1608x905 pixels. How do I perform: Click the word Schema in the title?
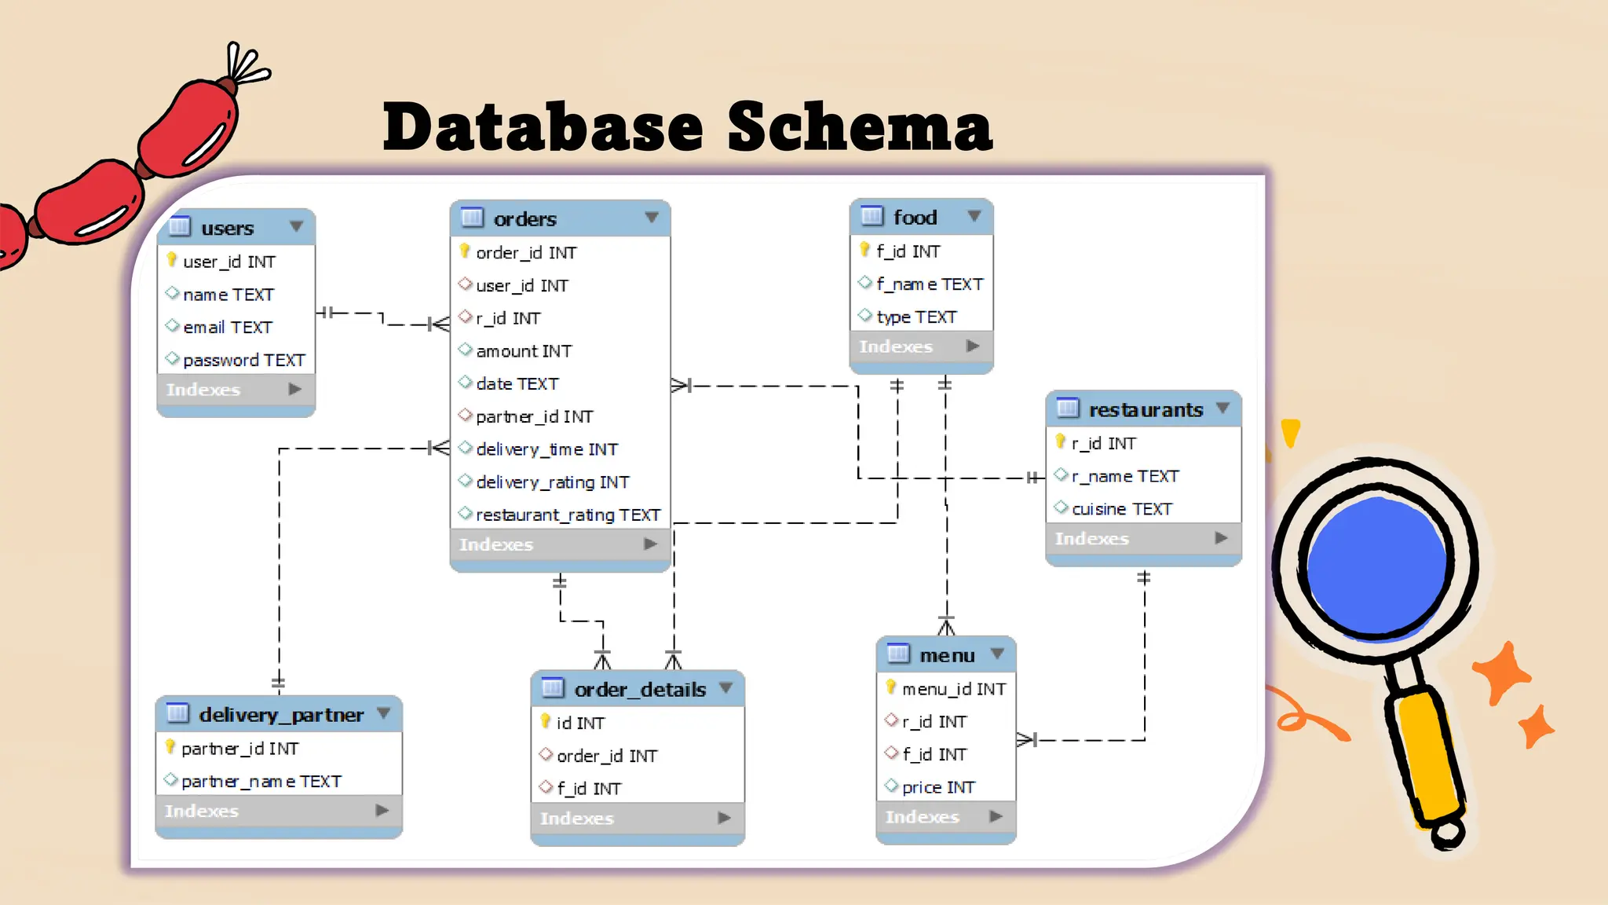tap(860, 127)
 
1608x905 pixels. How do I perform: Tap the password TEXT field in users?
tap(243, 360)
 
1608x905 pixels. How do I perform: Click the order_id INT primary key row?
tap(526, 253)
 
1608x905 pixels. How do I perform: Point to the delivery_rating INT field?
tap(552, 482)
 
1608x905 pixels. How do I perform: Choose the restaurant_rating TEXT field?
tap(568, 515)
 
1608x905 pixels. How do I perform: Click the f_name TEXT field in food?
tap(929, 284)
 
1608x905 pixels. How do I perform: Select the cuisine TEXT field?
tap(1121, 509)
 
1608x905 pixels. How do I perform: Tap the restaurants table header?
tap(1144, 409)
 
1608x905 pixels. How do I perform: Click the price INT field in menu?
tap(938, 786)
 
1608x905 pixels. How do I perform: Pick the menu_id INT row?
tap(953, 689)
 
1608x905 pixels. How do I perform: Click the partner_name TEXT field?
tap(261, 781)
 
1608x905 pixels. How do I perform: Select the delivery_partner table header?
tap(280, 714)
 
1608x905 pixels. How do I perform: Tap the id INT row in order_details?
tap(580, 723)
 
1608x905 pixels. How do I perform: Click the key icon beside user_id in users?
tap(172, 259)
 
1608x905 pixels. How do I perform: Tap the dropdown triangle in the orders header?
tap(652, 218)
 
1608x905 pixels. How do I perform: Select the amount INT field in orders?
tap(524, 351)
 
